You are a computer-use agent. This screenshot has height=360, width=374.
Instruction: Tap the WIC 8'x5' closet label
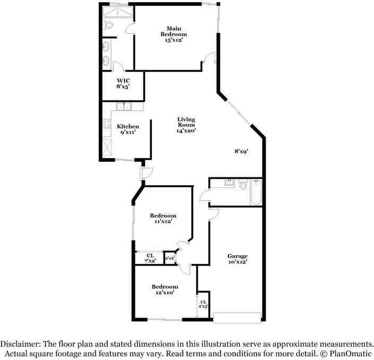pyautogui.click(x=123, y=84)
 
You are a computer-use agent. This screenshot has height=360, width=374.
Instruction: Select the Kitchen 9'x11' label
pyautogui.click(x=128, y=130)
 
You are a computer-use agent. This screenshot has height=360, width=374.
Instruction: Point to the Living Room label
pyautogui.click(x=186, y=125)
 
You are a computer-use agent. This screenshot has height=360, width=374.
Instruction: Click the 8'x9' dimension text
pyautogui.click(x=242, y=151)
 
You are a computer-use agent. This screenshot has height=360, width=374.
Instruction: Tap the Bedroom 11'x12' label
pyautogui.click(x=163, y=219)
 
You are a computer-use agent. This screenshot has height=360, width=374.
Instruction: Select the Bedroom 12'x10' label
pyautogui.click(x=164, y=290)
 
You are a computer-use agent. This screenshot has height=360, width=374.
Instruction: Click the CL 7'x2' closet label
pyautogui.click(x=150, y=258)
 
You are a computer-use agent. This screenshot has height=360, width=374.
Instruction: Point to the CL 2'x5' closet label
pyautogui.click(x=203, y=304)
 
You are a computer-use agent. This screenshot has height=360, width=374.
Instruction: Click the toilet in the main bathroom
pyautogui.click(x=107, y=25)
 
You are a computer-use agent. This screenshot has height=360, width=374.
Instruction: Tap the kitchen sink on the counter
pyautogui.click(x=123, y=107)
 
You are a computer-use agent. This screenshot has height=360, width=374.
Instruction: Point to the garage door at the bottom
pyautogui.click(x=237, y=318)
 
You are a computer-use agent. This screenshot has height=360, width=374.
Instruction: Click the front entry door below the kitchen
pyautogui.click(x=147, y=174)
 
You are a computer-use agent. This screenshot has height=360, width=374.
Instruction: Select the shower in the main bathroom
pyautogui.click(x=115, y=11)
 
